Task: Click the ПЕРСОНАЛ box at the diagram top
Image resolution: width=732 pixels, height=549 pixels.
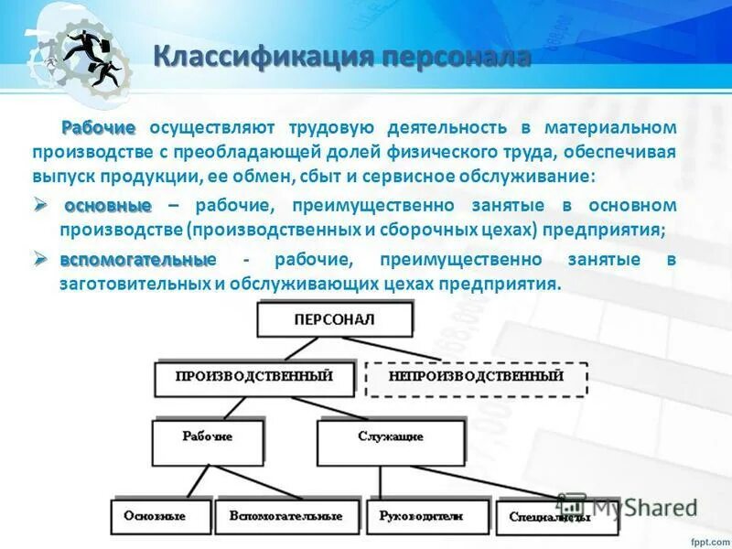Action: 335,320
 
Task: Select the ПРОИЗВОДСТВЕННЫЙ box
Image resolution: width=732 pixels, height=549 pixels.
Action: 253,376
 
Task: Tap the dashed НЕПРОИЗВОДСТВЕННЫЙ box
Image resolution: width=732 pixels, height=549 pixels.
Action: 476,377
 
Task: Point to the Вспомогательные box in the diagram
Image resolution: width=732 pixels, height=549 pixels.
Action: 285,516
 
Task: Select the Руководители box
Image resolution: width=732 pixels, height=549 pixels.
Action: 421,516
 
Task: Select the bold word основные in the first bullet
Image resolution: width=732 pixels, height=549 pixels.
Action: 108,205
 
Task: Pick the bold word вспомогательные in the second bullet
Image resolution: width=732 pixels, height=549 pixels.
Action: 135,261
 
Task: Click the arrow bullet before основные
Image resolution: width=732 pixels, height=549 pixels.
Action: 41,205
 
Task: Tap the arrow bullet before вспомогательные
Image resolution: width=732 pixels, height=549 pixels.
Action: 41,261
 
